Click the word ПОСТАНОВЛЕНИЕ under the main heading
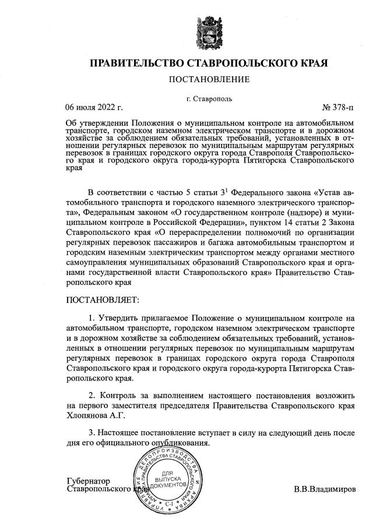(209, 79)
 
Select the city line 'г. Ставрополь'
(209, 98)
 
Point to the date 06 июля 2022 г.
(94, 107)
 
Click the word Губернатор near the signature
(89, 481)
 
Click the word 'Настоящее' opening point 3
(119, 434)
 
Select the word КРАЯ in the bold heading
(312, 62)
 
